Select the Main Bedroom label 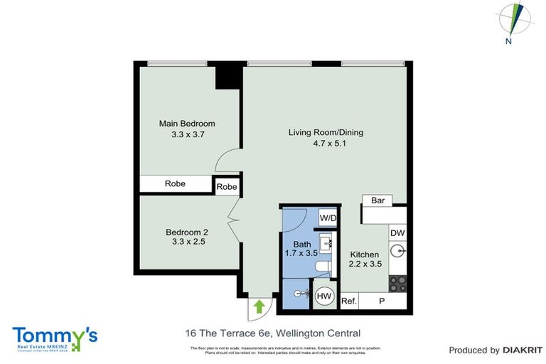pos(187,123)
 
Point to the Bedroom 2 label pos(187,232)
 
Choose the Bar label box pos(378,200)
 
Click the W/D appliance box pos(328,218)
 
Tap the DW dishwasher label pos(397,232)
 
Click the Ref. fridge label pos(348,301)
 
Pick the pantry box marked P pos(382,301)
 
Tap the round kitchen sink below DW pos(398,252)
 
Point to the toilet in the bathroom pos(323,267)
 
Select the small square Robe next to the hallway pos(227,186)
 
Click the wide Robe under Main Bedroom pos(176,183)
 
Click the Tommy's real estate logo pos(54,338)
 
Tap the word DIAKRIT pos(523,350)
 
